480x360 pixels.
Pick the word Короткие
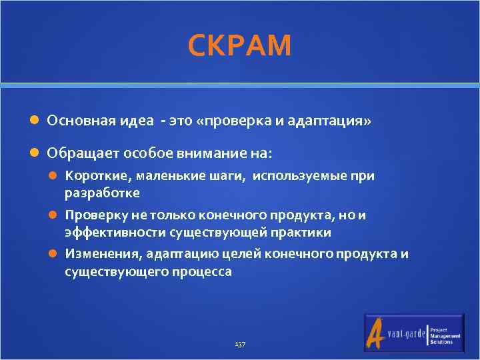click(x=89, y=177)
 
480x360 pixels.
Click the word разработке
click(x=102, y=193)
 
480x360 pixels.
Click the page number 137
click(x=240, y=344)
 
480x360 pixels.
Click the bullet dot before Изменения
click(x=56, y=255)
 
